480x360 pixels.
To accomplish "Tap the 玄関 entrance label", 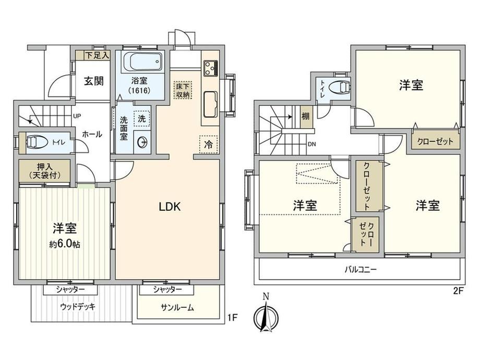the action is [94, 81].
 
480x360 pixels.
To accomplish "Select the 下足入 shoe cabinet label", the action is [97, 55].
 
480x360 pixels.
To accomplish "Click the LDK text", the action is [170, 207].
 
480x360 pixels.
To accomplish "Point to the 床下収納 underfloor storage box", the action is [183, 90].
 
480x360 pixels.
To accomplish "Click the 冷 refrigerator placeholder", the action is [209, 144].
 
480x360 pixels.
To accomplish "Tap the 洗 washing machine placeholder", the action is [142, 118].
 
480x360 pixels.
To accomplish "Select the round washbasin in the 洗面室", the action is [142, 142].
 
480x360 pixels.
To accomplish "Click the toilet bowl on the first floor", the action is [37, 142].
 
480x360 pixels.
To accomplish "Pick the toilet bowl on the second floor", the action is [339, 87].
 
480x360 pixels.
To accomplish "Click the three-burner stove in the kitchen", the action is [211, 68].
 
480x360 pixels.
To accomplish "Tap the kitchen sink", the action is [210, 104].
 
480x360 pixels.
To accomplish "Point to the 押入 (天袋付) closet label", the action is [45, 171].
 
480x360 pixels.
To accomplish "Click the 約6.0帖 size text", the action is [65, 244].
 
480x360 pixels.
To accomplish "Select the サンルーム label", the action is [177, 308].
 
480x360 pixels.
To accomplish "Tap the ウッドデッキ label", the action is [78, 306].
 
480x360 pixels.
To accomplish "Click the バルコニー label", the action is [361, 270].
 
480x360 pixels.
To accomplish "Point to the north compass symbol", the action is [266, 315].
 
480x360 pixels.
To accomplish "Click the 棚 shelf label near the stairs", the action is [306, 117].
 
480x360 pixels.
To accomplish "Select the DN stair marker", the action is [312, 145].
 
